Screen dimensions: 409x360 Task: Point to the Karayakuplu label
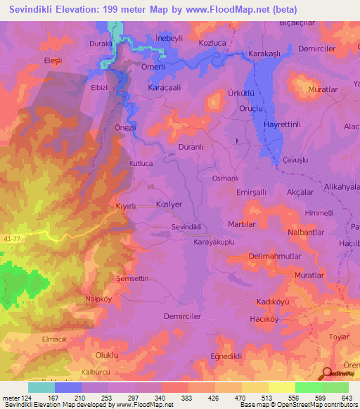pyautogui.click(x=217, y=241)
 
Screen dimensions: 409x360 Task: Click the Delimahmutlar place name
pyautogui.click(x=279, y=257)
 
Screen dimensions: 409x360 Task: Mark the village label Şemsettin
pyautogui.click(x=132, y=279)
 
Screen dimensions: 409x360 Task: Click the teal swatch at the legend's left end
pyautogui.click(x=41, y=387)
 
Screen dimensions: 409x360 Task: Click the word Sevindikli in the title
pyautogui.click(x=34, y=10)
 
